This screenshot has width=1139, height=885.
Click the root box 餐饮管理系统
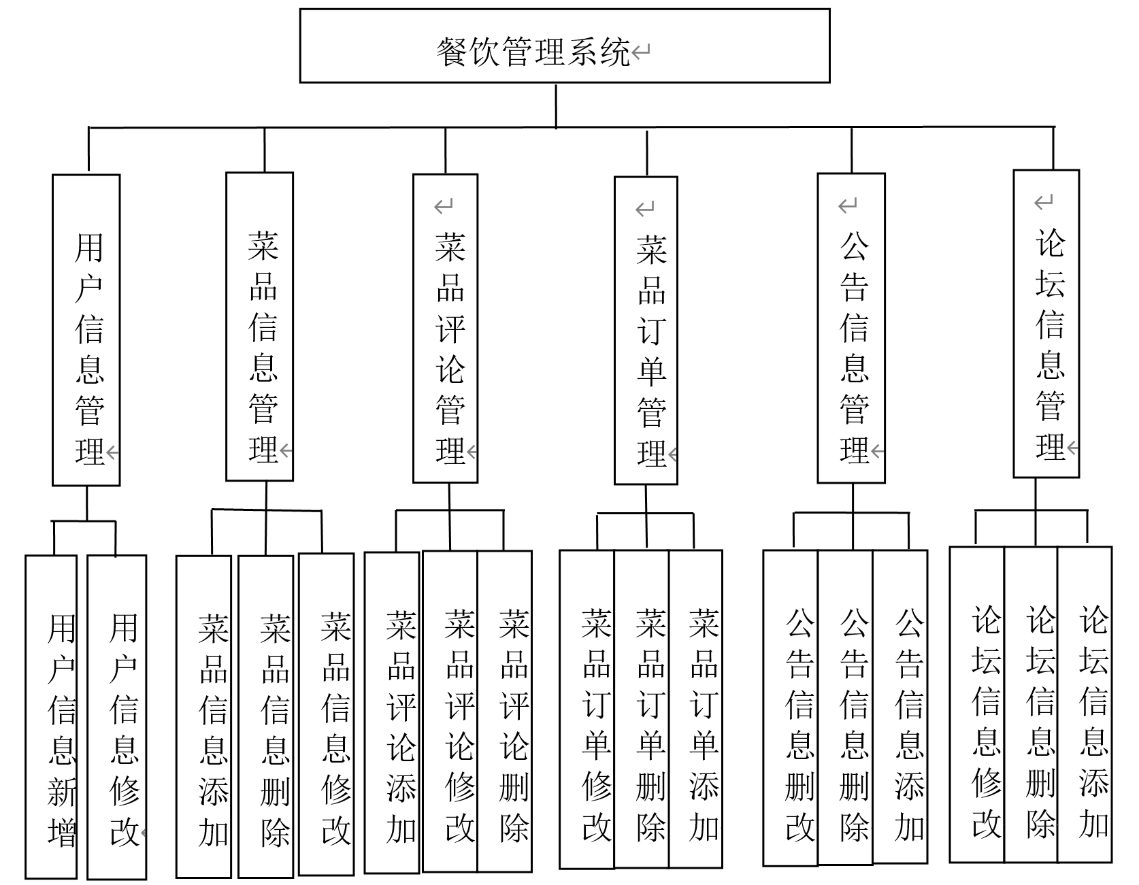(x=564, y=46)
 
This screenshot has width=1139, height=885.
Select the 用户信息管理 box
(x=86, y=331)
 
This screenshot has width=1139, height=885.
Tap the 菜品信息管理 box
(x=259, y=327)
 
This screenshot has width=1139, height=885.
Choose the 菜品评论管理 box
(x=446, y=329)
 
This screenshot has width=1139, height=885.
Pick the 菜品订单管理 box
(x=646, y=331)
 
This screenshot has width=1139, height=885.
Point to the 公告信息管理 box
(x=851, y=329)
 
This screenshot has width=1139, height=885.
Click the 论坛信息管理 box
(x=1046, y=324)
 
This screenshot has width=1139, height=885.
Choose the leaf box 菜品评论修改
(x=450, y=711)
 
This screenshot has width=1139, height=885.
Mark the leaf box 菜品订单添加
(x=695, y=709)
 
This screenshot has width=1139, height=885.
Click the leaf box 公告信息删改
(x=791, y=707)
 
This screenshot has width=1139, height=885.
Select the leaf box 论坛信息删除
(x=1031, y=705)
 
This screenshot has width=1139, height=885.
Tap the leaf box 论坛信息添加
(x=1085, y=705)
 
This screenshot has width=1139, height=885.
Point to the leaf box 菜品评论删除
(x=505, y=711)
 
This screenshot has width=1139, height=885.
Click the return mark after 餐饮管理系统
(x=641, y=52)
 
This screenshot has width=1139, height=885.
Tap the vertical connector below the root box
(x=557, y=105)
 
